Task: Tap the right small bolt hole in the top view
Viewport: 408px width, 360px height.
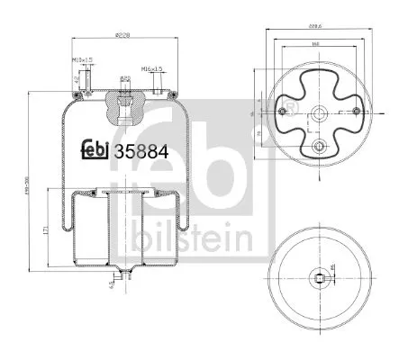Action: pos(366,109)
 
